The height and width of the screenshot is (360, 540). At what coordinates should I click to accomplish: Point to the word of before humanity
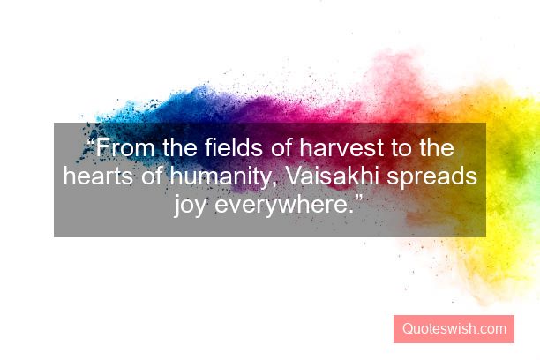coord(152,177)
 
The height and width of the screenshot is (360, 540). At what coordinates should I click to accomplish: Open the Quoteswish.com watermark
coord(454,329)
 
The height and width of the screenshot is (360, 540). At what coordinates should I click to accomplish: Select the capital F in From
coord(103,148)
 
